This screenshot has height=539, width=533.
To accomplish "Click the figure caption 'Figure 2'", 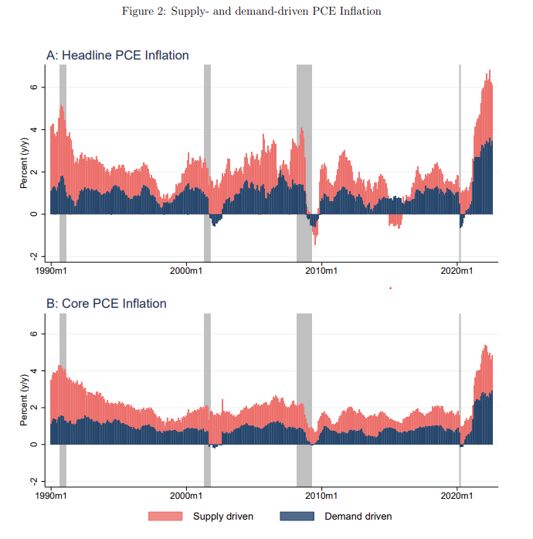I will (252, 12).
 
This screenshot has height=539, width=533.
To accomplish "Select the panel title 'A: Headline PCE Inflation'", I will (117, 56).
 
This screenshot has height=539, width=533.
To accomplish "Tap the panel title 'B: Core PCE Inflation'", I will (107, 304).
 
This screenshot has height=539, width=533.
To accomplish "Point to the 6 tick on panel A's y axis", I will (33, 87).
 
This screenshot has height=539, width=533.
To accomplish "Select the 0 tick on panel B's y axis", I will (33, 445).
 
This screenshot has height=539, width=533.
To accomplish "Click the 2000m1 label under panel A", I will (185, 271).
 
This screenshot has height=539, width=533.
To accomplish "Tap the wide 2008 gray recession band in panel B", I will (304, 363).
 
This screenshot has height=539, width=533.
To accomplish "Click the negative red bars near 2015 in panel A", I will (396, 220).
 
